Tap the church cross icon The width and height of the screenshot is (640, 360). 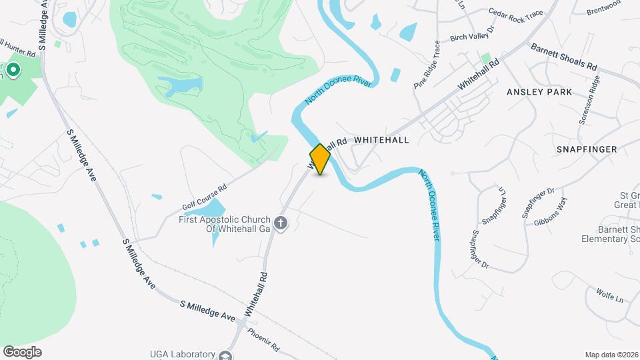(x=281, y=223)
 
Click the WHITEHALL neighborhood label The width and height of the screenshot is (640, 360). (x=381, y=140)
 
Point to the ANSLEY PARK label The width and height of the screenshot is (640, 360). (x=539, y=92)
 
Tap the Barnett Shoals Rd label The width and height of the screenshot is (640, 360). (x=563, y=57)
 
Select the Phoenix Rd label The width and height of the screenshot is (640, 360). (x=263, y=339)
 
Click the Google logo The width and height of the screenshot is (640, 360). (x=22, y=352)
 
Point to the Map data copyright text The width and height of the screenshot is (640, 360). (x=611, y=355)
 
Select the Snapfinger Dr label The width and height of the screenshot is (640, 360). (x=480, y=249)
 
